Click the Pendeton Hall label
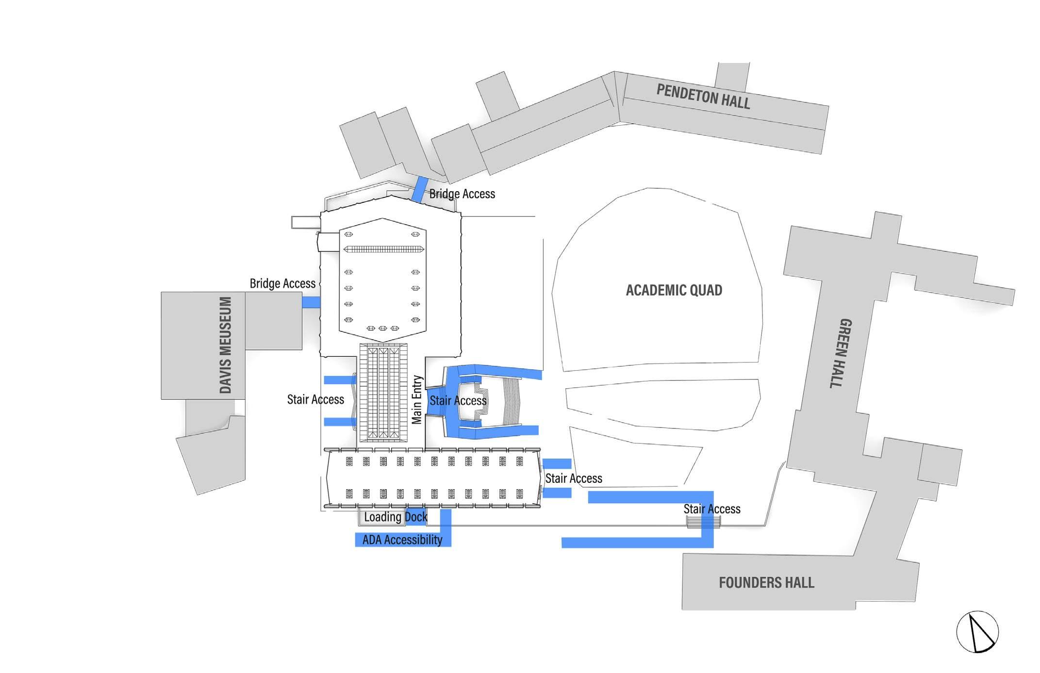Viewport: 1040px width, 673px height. (x=703, y=96)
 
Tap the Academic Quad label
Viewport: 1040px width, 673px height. (x=674, y=290)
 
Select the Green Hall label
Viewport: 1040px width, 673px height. (x=845, y=353)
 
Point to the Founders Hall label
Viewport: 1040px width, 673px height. (x=766, y=582)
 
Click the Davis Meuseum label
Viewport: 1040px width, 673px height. (x=225, y=345)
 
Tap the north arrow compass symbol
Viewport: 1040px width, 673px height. (x=977, y=632)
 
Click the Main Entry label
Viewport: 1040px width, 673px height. (x=417, y=399)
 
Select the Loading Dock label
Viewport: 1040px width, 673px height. (x=396, y=517)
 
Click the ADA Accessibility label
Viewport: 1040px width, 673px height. (x=402, y=540)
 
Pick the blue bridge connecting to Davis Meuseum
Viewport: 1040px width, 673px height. (x=311, y=302)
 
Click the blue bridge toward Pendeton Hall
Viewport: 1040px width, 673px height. (x=420, y=189)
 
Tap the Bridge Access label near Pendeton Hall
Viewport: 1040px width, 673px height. (x=462, y=194)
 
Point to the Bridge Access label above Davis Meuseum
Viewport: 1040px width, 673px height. (x=282, y=283)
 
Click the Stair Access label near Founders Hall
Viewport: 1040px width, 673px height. (x=712, y=509)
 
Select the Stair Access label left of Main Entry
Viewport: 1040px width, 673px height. (x=315, y=399)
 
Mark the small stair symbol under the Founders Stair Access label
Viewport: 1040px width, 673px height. (x=703, y=522)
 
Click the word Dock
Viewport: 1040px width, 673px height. (x=416, y=517)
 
